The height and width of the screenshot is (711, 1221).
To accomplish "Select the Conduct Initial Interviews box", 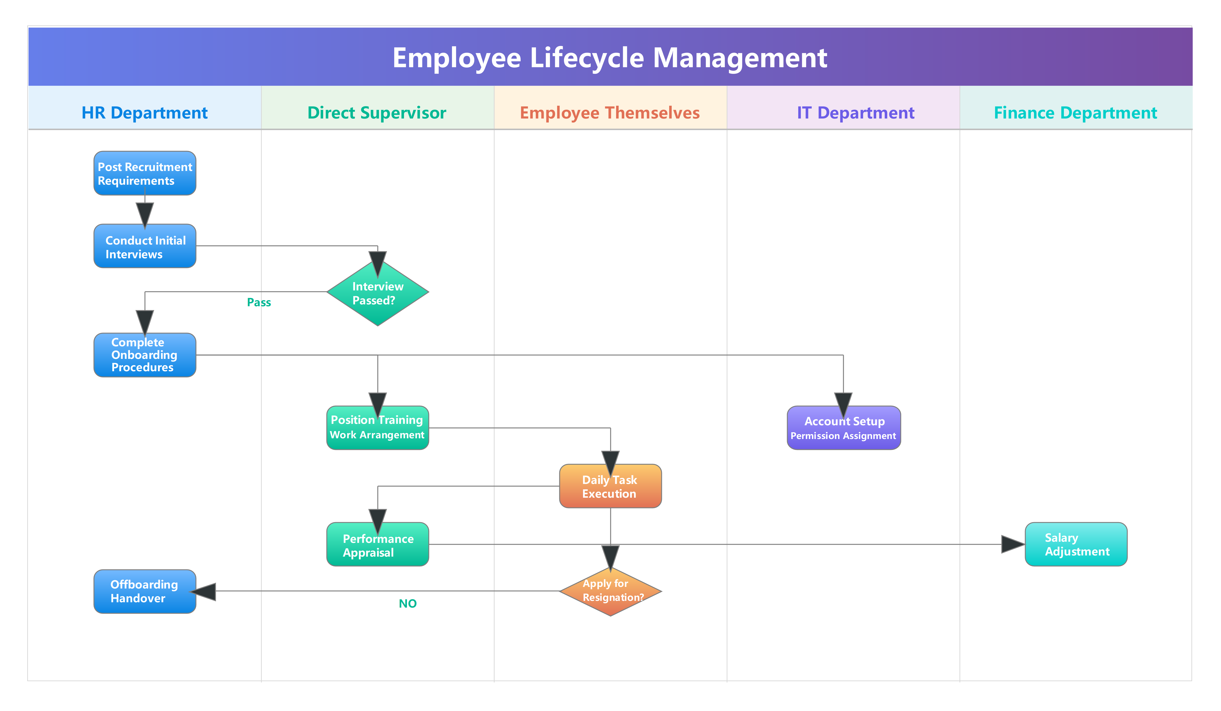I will coord(145,246).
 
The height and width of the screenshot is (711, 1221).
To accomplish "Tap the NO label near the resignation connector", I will coord(407,603).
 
